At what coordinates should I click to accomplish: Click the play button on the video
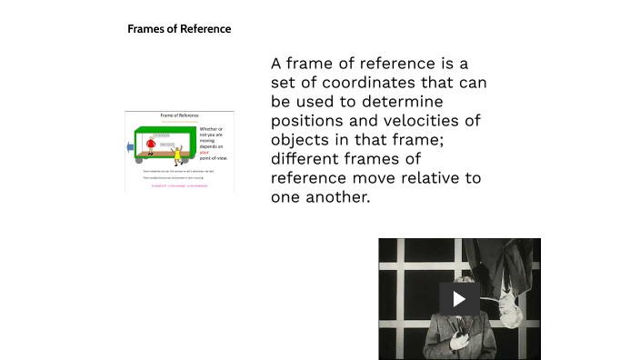click(459, 298)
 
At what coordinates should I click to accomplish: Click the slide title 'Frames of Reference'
click(179, 29)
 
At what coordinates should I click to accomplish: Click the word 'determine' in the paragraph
click(405, 101)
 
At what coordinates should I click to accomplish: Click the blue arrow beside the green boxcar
click(130, 146)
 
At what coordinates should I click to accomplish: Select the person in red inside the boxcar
click(151, 145)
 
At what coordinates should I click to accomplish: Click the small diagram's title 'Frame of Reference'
click(179, 115)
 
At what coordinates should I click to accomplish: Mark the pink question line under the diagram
click(178, 185)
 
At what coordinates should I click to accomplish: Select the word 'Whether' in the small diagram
click(210, 129)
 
